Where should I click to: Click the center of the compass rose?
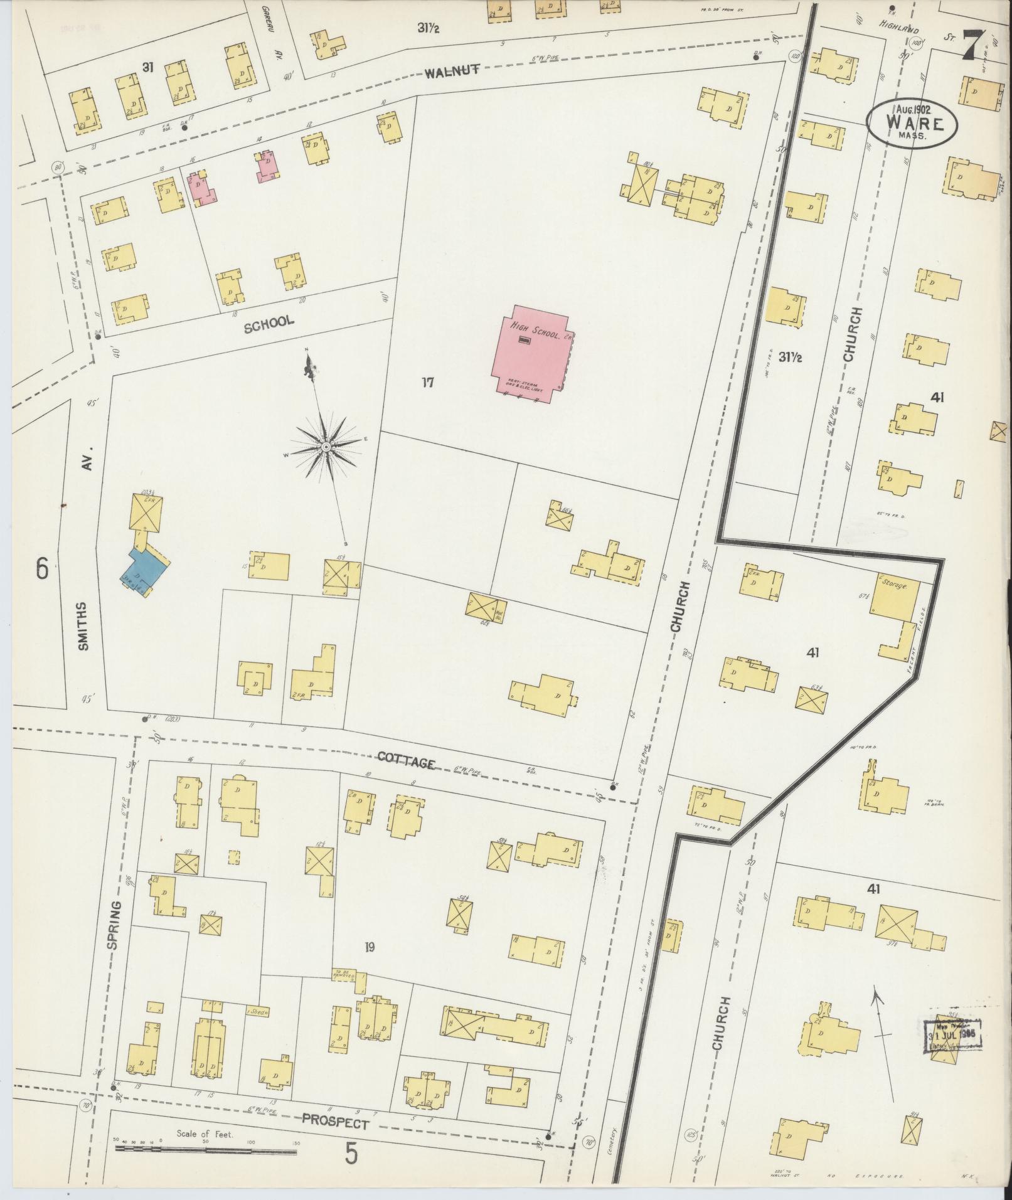[x=327, y=446]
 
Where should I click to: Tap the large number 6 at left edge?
[x=42, y=569]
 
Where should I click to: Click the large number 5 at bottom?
[x=351, y=1153]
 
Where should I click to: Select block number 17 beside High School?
[x=427, y=382]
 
